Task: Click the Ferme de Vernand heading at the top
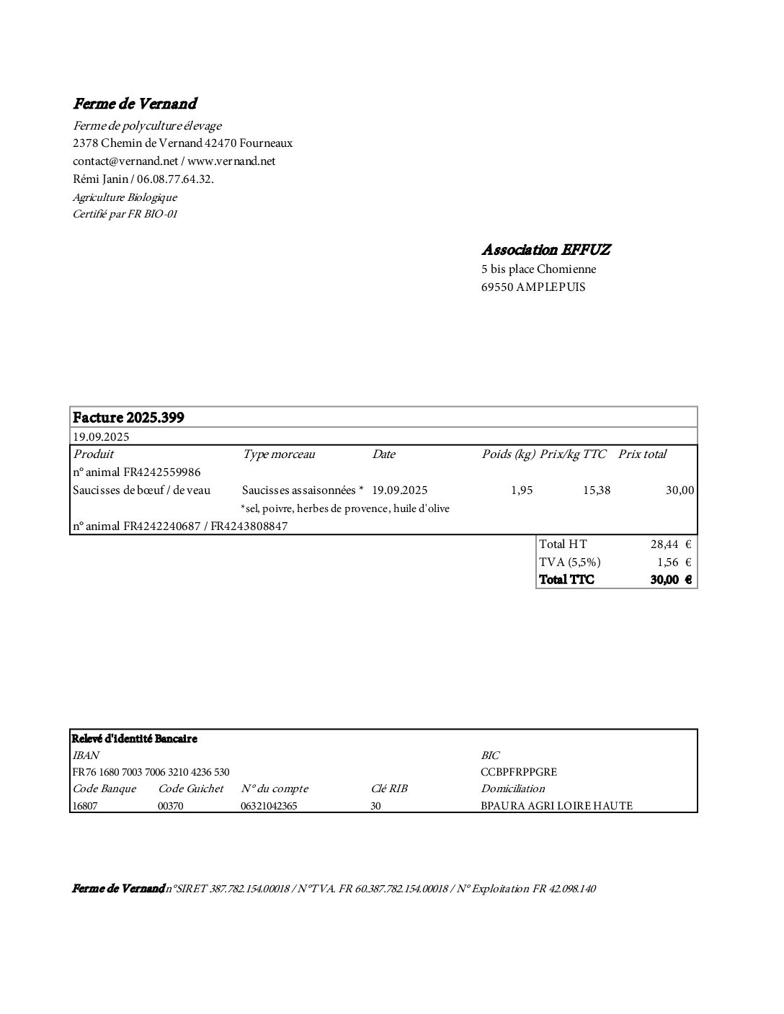(x=135, y=104)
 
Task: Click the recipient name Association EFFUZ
(x=546, y=250)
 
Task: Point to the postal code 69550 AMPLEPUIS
(x=533, y=287)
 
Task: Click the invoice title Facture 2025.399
(x=128, y=418)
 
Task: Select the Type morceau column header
(x=279, y=454)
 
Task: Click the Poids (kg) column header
(x=508, y=454)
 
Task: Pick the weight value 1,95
(x=522, y=490)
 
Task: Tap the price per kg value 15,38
(x=597, y=490)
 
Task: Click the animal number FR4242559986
(x=162, y=472)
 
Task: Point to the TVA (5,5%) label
(x=570, y=562)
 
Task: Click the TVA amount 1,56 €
(x=674, y=562)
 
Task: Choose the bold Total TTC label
(x=567, y=580)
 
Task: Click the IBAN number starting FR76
(x=151, y=772)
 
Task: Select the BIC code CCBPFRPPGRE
(x=519, y=772)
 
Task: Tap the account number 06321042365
(x=269, y=807)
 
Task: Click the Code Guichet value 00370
(x=171, y=807)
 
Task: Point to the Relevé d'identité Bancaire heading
(x=134, y=739)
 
